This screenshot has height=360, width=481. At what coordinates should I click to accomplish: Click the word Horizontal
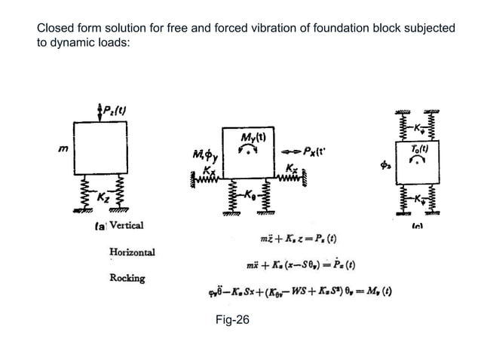tap(133, 252)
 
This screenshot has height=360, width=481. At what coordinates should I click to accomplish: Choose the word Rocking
tap(127, 278)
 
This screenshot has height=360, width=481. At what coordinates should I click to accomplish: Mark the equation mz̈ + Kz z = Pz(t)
tap(299, 238)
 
